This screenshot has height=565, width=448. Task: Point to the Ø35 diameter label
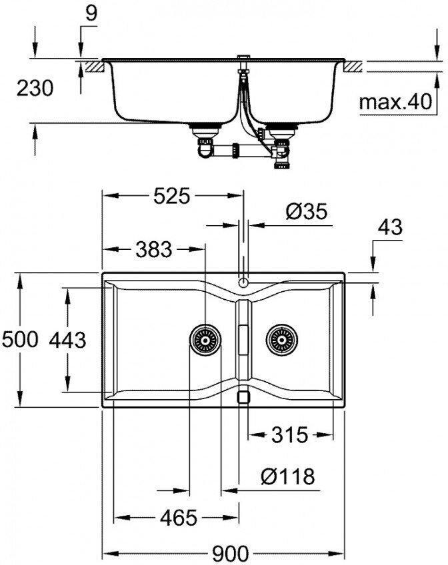tap(306, 212)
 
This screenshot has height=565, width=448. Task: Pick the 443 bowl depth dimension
tap(67, 340)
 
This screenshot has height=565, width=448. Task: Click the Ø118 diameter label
tap(287, 476)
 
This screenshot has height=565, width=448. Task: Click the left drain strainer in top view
tap(205, 340)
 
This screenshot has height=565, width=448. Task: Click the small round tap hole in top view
tap(243, 282)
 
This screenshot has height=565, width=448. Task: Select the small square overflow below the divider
tap(243, 396)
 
